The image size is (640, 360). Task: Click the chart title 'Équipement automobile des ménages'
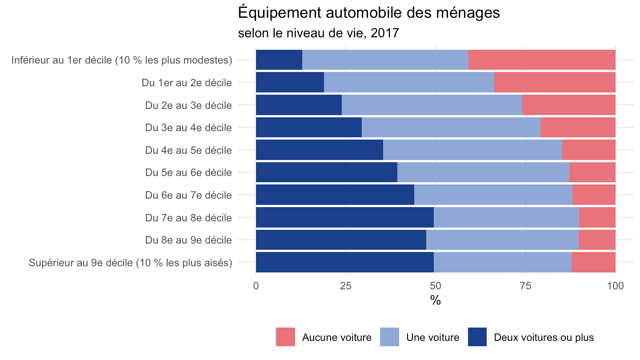(369, 13)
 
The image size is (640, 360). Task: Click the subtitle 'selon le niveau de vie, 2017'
(318, 33)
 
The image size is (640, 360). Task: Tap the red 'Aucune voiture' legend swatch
(285, 337)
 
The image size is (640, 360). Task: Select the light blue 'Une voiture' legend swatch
(389, 337)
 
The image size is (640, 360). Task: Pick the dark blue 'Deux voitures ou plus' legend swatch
(477, 337)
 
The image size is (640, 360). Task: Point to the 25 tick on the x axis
(346, 286)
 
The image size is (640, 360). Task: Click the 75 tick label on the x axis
(526, 286)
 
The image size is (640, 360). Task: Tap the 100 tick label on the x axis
(615, 286)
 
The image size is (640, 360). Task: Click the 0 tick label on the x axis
(256, 286)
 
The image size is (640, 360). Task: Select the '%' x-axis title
(436, 300)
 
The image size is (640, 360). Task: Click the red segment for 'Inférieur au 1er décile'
(542, 60)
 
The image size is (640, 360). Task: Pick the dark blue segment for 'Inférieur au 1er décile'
(279, 60)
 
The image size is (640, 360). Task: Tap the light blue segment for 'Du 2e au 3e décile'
(432, 105)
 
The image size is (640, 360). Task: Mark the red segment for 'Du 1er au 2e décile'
(555, 82)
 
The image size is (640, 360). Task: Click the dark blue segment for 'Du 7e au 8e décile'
(345, 217)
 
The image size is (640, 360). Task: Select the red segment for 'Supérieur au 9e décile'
(593, 262)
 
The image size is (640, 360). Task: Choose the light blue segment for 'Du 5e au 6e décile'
(484, 172)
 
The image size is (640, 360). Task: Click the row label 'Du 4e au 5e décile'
(188, 150)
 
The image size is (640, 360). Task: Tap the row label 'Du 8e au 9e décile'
(188, 240)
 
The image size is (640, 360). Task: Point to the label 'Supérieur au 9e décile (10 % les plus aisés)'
(131, 263)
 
